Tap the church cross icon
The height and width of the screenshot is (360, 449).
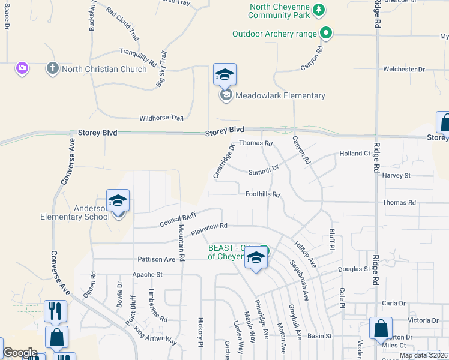click(x=53, y=68)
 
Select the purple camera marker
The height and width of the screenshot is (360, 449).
click(x=22, y=68)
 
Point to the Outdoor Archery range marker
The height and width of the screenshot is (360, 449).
click(x=326, y=34)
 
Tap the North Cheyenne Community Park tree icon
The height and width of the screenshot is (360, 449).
click(x=319, y=10)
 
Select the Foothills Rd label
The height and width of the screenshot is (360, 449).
click(x=263, y=194)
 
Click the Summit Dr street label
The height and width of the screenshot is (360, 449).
click(x=264, y=172)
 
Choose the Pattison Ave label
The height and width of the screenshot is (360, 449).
click(x=156, y=259)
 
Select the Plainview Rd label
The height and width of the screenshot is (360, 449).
click(x=209, y=228)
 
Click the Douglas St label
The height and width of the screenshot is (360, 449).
click(x=354, y=269)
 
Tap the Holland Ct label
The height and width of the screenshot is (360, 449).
click(x=355, y=154)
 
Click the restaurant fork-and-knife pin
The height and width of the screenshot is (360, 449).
click(x=55, y=311)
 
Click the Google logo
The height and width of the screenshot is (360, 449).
click(x=20, y=353)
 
